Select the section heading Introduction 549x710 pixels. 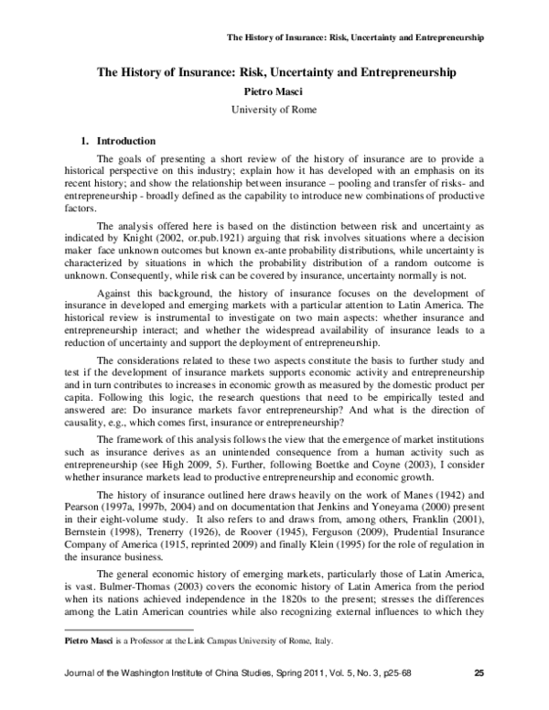click(x=126, y=141)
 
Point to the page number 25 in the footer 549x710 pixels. click(x=478, y=701)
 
